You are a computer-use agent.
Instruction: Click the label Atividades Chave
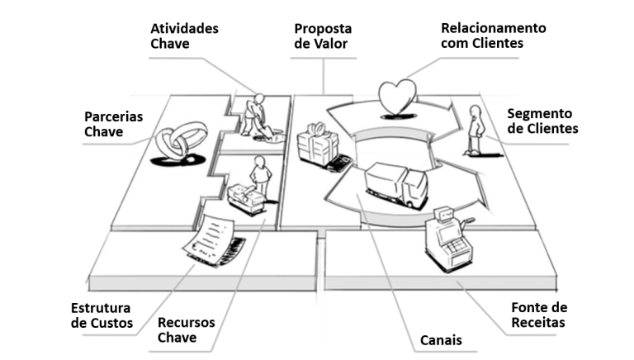(184, 36)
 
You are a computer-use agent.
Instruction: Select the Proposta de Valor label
(323, 36)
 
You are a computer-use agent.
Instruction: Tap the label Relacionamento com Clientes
(494, 36)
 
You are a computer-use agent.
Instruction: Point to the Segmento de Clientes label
(542, 121)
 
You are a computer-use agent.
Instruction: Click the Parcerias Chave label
(114, 124)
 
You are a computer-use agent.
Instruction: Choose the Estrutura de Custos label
(102, 315)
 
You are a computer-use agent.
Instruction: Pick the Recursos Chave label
(186, 329)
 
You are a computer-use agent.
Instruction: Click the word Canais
(441, 340)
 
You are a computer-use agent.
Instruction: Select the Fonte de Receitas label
(539, 315)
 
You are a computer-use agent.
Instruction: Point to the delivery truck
(396, 185)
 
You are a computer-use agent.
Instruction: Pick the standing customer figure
(475, 130)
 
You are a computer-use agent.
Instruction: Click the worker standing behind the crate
(260, 178)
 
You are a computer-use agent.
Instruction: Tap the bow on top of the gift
(318, 129)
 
